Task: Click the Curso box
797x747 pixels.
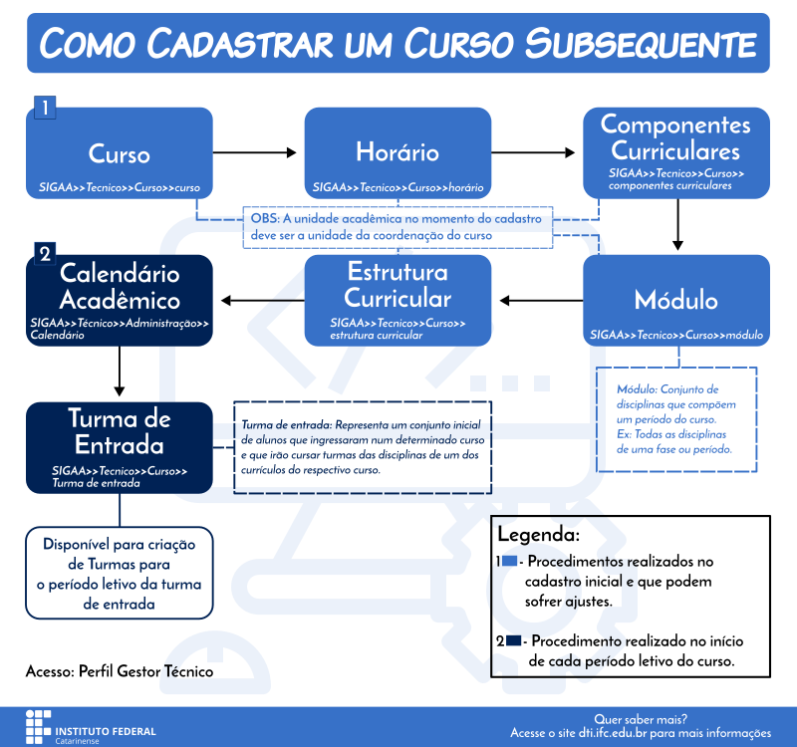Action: [120, 155]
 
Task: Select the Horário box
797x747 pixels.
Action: [398, 155]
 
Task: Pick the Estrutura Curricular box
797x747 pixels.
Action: [398, 299]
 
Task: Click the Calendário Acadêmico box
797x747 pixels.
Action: [120, 299]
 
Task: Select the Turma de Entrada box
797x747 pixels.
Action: [120, 446]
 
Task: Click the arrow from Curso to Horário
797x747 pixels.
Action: [258, 152]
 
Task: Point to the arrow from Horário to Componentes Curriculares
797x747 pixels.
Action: [535, 152]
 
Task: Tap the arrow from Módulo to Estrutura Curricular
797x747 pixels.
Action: [539, 300]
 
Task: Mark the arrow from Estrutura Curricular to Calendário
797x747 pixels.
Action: [260, 300]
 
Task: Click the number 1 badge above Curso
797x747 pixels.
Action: [45, 107]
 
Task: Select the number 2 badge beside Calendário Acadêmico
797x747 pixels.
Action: [45, 254]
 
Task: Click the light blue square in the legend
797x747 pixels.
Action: [510, 562]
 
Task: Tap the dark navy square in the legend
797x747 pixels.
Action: [513, 640]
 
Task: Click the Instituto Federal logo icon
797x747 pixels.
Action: [37, 725]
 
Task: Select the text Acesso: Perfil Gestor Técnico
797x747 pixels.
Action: [120, 671]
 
